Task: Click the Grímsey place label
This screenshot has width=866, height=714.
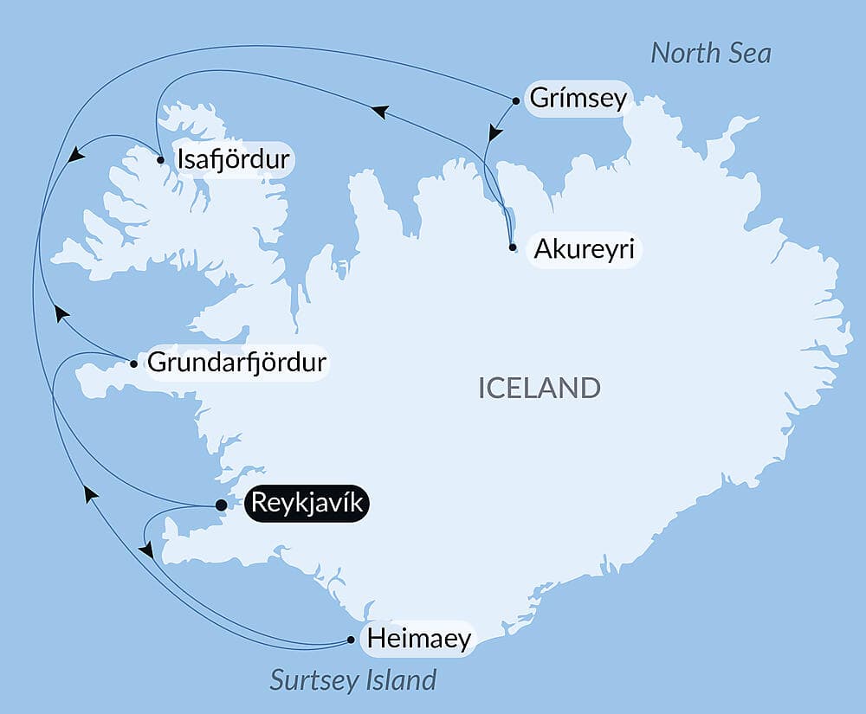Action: [578, 99]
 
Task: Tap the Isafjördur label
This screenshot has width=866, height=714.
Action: [233, 159]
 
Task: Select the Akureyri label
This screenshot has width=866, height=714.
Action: [585, 249]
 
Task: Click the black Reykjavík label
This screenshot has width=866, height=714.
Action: [307, 504]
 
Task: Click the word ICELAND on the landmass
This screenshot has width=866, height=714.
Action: [539, 388]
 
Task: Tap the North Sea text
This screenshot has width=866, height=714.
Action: [710, 54]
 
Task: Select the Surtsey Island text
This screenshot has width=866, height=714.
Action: [353, 679]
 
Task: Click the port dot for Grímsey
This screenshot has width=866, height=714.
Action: [516, 100]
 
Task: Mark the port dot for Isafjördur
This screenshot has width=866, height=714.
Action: [161, 159]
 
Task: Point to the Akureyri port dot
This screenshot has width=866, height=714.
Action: [513, 248]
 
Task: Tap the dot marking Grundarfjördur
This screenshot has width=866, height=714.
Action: [133, 363]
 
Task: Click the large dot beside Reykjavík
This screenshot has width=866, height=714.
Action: [221, 505]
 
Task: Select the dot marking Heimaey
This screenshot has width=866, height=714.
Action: [351, 640]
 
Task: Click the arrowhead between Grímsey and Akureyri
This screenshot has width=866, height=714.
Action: [494, 133]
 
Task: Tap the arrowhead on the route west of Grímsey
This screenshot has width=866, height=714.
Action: [378, 111]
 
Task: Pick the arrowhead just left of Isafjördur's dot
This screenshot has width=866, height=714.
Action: [76, 155]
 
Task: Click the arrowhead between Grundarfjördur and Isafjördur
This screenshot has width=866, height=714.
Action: [60, 312]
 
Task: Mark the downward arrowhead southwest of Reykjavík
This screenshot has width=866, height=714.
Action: [146, 550]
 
